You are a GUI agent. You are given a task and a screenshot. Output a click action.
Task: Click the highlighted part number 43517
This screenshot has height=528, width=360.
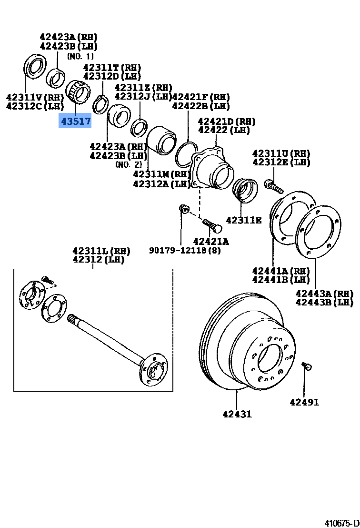[75, 121]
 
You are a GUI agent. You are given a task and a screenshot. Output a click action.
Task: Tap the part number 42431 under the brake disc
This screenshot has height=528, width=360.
[237, 414]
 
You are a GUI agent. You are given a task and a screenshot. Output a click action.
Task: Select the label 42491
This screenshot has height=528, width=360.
[304, 402]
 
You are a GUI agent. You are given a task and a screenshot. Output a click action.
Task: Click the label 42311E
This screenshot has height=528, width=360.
[244, 220]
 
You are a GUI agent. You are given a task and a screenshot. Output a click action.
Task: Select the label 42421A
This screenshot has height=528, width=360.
[210, 241]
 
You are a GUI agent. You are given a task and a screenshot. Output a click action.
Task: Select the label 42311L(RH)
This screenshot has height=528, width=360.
[101, 251]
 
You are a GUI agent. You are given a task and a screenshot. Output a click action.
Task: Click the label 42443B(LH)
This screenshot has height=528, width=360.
[324, 302]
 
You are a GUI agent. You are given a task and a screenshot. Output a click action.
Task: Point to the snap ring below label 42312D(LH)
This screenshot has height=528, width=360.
[100, 104]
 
